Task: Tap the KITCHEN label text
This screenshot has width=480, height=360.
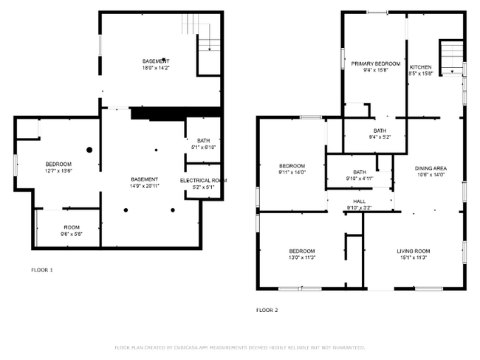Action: click(x=421, y=66)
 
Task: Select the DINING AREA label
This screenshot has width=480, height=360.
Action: click(x=431, y=167)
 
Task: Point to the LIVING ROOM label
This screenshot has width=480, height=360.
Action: click(x=413, y=251)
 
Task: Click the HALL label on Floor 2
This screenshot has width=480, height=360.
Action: click(x=359, y=201)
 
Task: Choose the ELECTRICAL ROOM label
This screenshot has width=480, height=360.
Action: click(x=203, y=180)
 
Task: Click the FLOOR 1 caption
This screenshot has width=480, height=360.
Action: click(x=41, y=269)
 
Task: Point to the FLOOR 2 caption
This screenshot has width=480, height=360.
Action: click(x=267, y=310)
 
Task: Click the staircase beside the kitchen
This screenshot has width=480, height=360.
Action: click(x=450, y=57)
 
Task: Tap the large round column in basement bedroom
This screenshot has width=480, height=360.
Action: click(x=89, y=150)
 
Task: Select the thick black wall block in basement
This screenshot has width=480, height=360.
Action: click(x=175, y=113)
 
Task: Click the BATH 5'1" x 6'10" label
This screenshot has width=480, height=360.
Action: click(x=203, y=144)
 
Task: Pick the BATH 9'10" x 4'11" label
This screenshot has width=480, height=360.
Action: click(x=359, y=175)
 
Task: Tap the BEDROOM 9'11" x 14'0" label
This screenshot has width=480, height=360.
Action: click(x=292, y=168)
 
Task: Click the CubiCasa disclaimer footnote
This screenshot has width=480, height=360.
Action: click(x=239, y=347)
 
